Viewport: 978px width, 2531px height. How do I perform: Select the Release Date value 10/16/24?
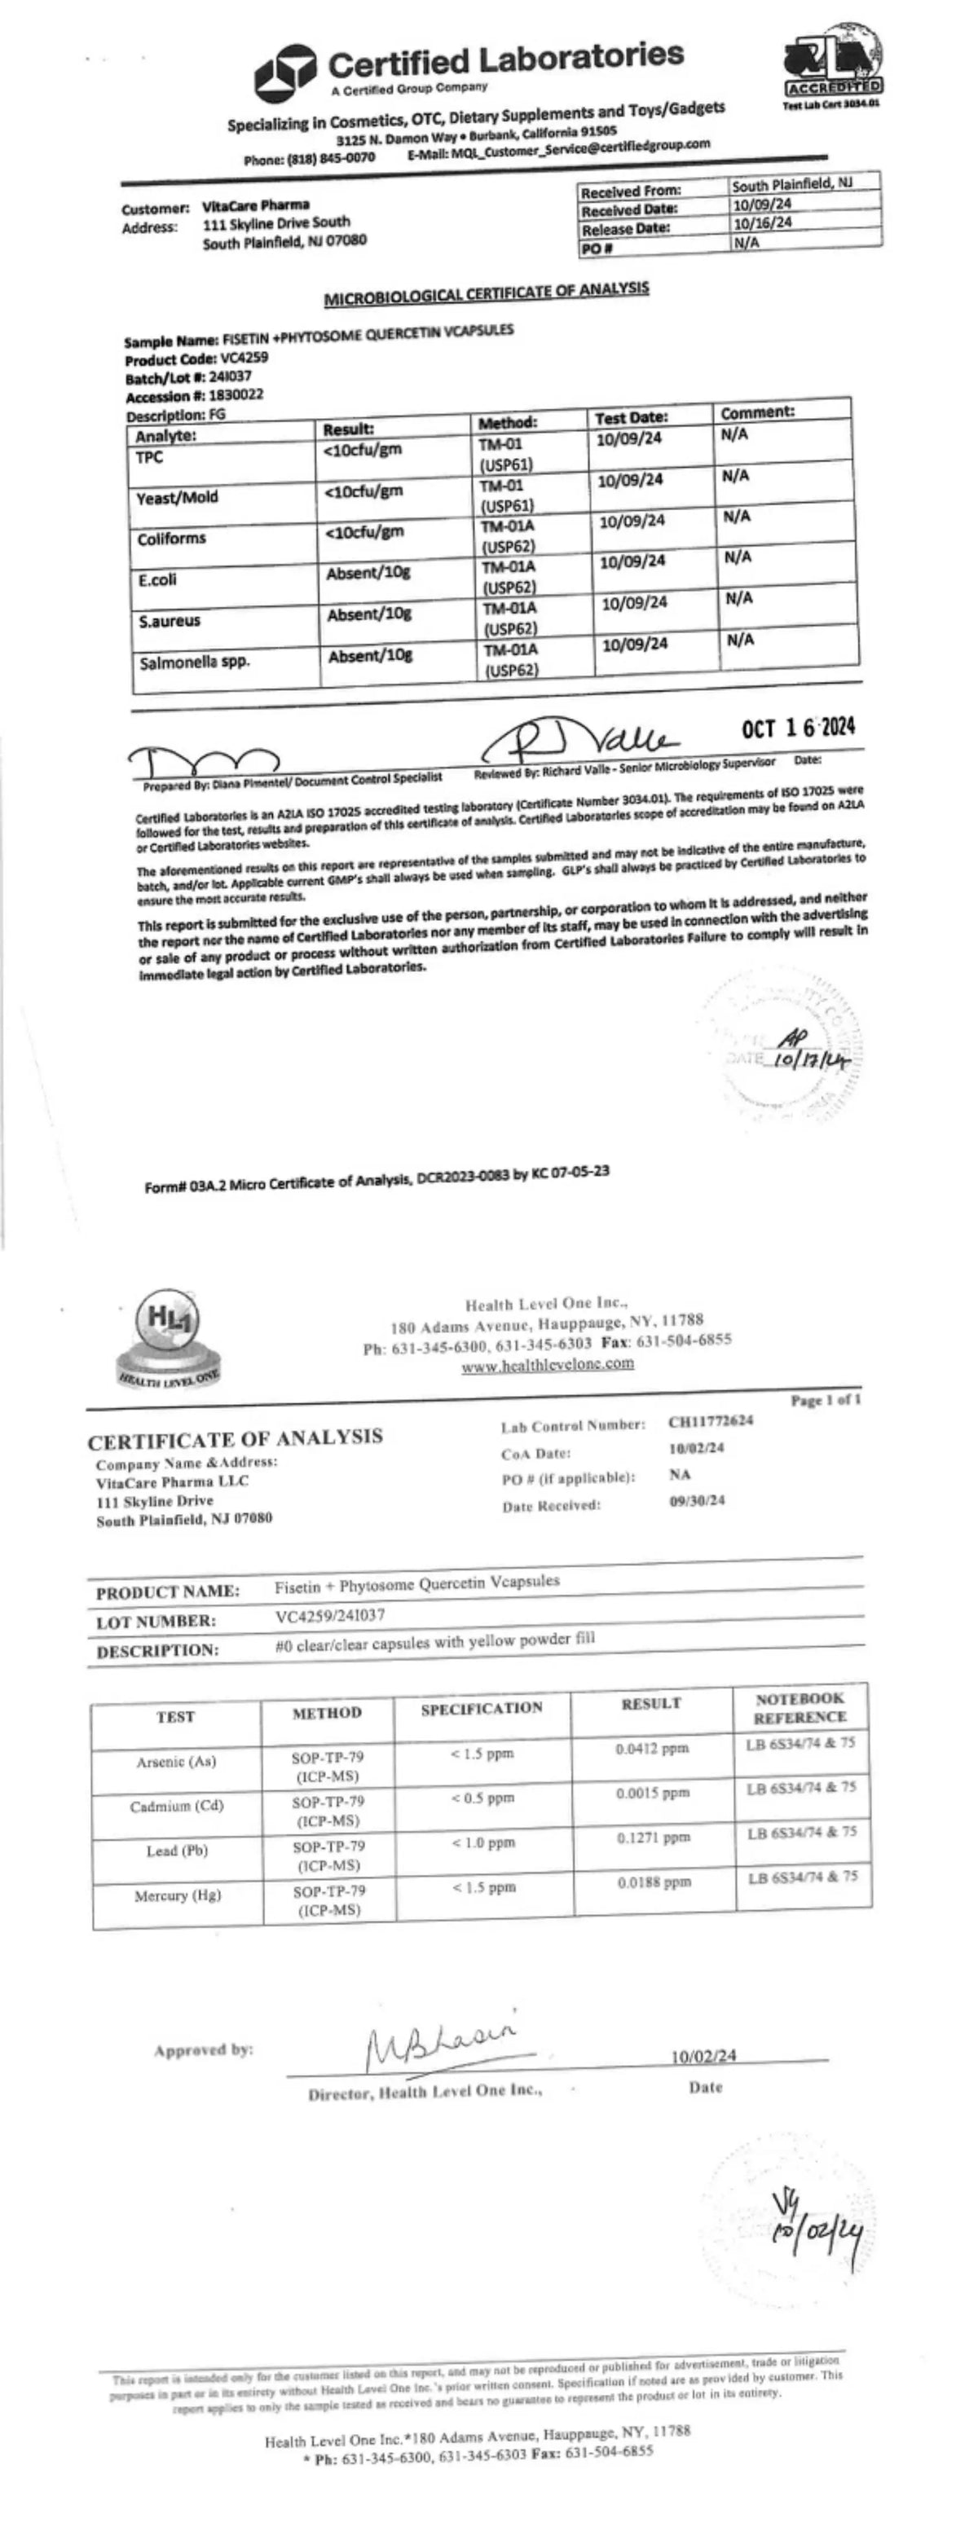pos(763,223)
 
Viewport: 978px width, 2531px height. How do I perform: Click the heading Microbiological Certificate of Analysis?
pos(487,292)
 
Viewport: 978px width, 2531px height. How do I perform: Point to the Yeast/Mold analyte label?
pos(177,497)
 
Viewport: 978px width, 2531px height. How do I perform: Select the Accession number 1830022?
pos(235,395)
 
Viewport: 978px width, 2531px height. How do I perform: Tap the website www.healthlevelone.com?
pos(548,1364)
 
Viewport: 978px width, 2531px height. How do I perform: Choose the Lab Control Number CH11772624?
pos(711,1421)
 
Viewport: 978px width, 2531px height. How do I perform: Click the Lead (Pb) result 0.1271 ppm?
pos(653,1838)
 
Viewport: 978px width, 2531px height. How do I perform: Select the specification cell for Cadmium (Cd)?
pos(482,1798)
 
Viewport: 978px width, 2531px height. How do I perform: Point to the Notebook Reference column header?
pos(800,1708)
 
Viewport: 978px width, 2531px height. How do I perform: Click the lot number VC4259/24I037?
pos(329,1615)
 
